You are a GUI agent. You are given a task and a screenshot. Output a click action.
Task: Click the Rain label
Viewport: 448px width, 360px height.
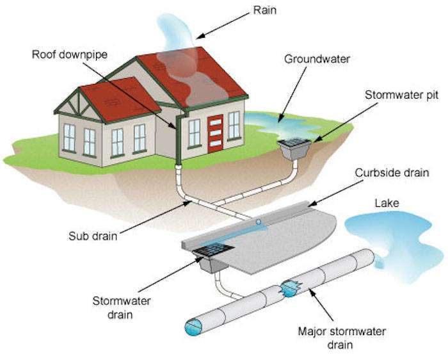click(x=265, y=10)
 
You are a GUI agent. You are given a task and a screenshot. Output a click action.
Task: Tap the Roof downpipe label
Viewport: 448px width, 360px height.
click(x=70, y=54)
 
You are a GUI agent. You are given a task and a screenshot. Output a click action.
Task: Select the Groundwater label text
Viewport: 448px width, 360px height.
click(x=317, y=59)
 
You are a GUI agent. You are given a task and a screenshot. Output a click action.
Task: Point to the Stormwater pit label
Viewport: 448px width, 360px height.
click(x=401, y=95)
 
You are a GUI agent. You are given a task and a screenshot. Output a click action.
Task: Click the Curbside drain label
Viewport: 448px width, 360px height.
click(x=392, y=173)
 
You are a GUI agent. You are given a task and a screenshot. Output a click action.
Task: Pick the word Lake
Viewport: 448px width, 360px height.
click(x=387, y=203)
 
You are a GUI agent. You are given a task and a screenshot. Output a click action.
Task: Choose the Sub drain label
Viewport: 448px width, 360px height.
click(x=93, y=236)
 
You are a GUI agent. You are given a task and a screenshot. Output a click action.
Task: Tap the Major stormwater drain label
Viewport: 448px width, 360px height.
click(x=342, y=338)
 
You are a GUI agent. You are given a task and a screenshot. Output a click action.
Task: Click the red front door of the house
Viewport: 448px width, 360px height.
click(x=215, y=134)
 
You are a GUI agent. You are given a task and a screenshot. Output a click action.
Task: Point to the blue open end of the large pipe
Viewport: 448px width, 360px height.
click(x=193, y=327)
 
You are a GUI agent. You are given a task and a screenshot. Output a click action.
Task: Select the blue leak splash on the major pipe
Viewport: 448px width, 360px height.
click(x=291, y=288)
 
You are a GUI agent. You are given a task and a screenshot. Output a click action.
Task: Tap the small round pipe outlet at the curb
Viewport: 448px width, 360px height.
click(x=259, y=222)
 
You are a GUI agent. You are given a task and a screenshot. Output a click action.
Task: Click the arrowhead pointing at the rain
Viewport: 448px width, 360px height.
click(x=200, y=37)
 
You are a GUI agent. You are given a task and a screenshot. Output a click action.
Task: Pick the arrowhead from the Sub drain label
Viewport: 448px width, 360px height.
click(x=188, y=202)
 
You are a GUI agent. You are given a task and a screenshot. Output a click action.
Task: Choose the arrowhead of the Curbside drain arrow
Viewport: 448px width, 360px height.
click(x=312, y=203)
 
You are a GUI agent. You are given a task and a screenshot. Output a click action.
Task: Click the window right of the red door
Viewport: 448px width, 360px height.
click(x=234, y=126)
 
